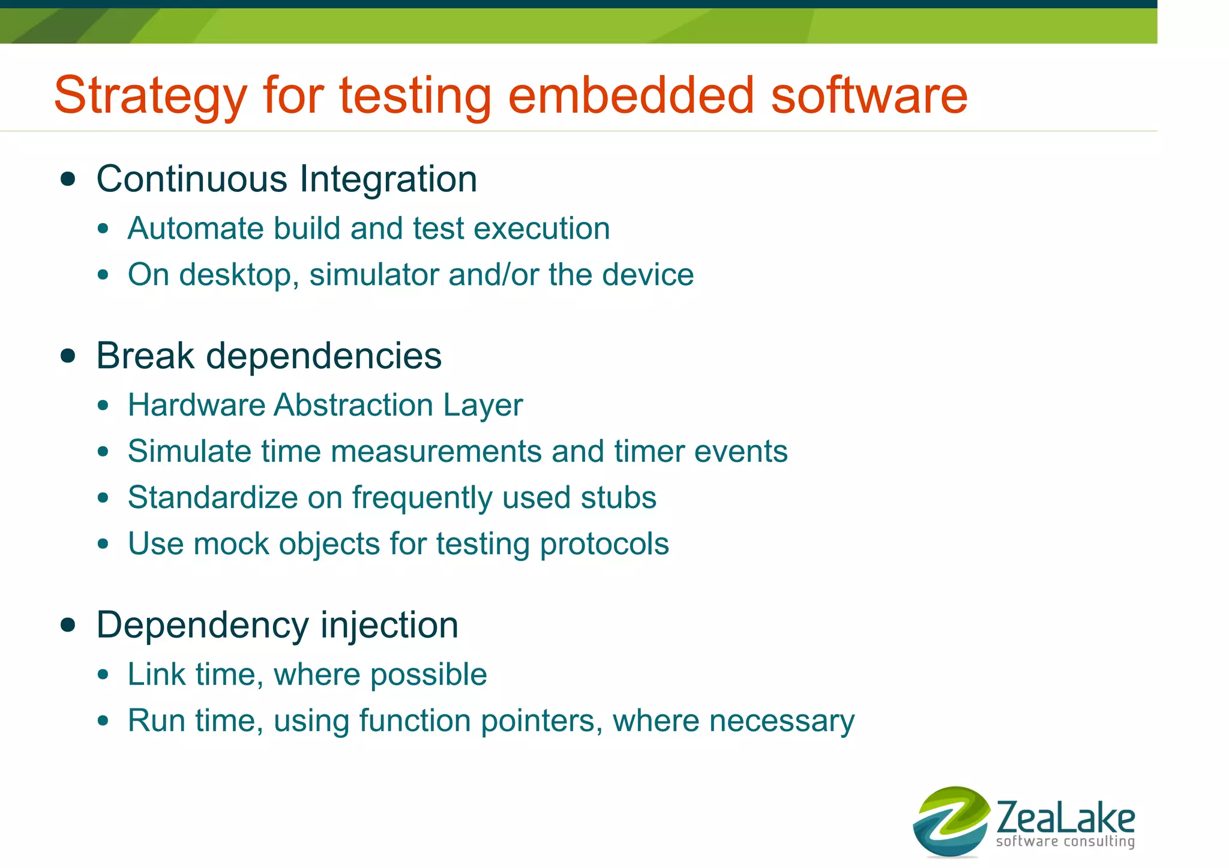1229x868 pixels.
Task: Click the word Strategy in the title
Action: coord(150,96)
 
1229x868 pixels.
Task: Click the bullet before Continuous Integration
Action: coord(68,179)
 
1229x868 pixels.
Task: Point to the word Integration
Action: coord(388,179)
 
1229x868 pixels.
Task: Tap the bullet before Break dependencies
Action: coord(68,356)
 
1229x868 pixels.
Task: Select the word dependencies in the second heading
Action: coord(323,356)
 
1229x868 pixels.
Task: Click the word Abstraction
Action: coord(354,405)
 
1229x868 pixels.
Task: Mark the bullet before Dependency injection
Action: coord(68,625)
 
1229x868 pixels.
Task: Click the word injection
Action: coord(389,625)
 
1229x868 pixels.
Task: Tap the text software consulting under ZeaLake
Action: coord(1065,842)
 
